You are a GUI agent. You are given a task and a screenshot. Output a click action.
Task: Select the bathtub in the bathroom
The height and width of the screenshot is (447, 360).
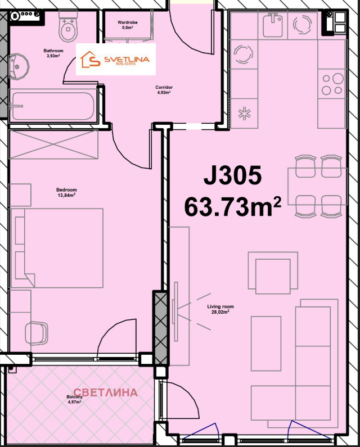[x=53, y=106]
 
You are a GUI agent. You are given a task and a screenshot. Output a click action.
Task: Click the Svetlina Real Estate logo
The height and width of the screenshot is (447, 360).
[x=116, y=59]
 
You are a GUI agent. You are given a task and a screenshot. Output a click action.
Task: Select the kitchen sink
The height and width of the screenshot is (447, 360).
[x=275, y=23]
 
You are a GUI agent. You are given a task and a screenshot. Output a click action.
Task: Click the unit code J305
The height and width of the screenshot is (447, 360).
[x=232, y=177]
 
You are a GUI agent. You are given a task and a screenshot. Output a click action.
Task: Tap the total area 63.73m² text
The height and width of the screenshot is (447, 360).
[x=232, y=207]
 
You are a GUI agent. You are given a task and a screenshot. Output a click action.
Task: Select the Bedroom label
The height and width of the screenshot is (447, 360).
[x=66, y=192]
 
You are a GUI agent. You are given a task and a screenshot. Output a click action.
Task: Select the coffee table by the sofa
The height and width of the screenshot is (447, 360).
[x=265, y=343]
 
